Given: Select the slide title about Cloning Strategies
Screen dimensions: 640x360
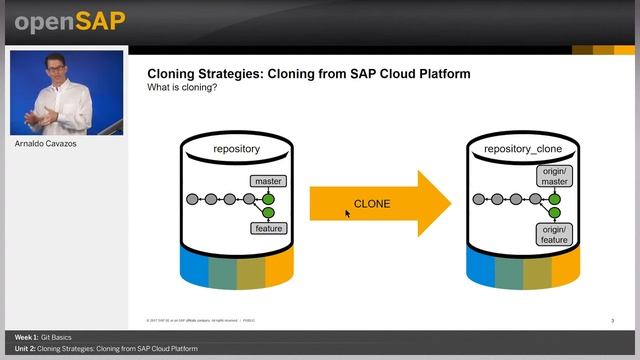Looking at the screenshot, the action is pyautogui.click(x=308, y=74).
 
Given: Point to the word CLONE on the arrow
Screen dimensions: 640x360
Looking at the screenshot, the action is pyautogui.click(x=372, y=204).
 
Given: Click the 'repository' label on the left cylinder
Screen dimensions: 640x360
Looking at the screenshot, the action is pyautogui.click(x=236, y=149).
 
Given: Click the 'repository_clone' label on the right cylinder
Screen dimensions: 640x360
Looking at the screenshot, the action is pyautogui.click(x=522, y=149).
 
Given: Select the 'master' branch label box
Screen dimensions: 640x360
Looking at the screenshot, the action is pyautogui.click(x=269, y=182).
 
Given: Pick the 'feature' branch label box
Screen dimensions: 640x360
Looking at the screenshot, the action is pyautogui.click(x=268, y=228).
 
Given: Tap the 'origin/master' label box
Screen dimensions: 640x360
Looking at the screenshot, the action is pyautogui.click(x=554, y=176).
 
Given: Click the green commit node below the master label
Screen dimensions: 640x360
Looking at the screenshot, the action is pyautogui.click(x=268, y=199).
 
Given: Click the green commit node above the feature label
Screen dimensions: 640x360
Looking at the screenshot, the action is pyautogui.click(x=268, y=212).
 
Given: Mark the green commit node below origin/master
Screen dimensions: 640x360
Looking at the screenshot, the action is pyautogui.click(x=554, y=199).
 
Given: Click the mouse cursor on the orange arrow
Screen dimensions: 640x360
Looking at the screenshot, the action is pyautogui.click(x=348, y=213).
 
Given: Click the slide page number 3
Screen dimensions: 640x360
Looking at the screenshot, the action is pyautogui.click(x=612, y=320).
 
